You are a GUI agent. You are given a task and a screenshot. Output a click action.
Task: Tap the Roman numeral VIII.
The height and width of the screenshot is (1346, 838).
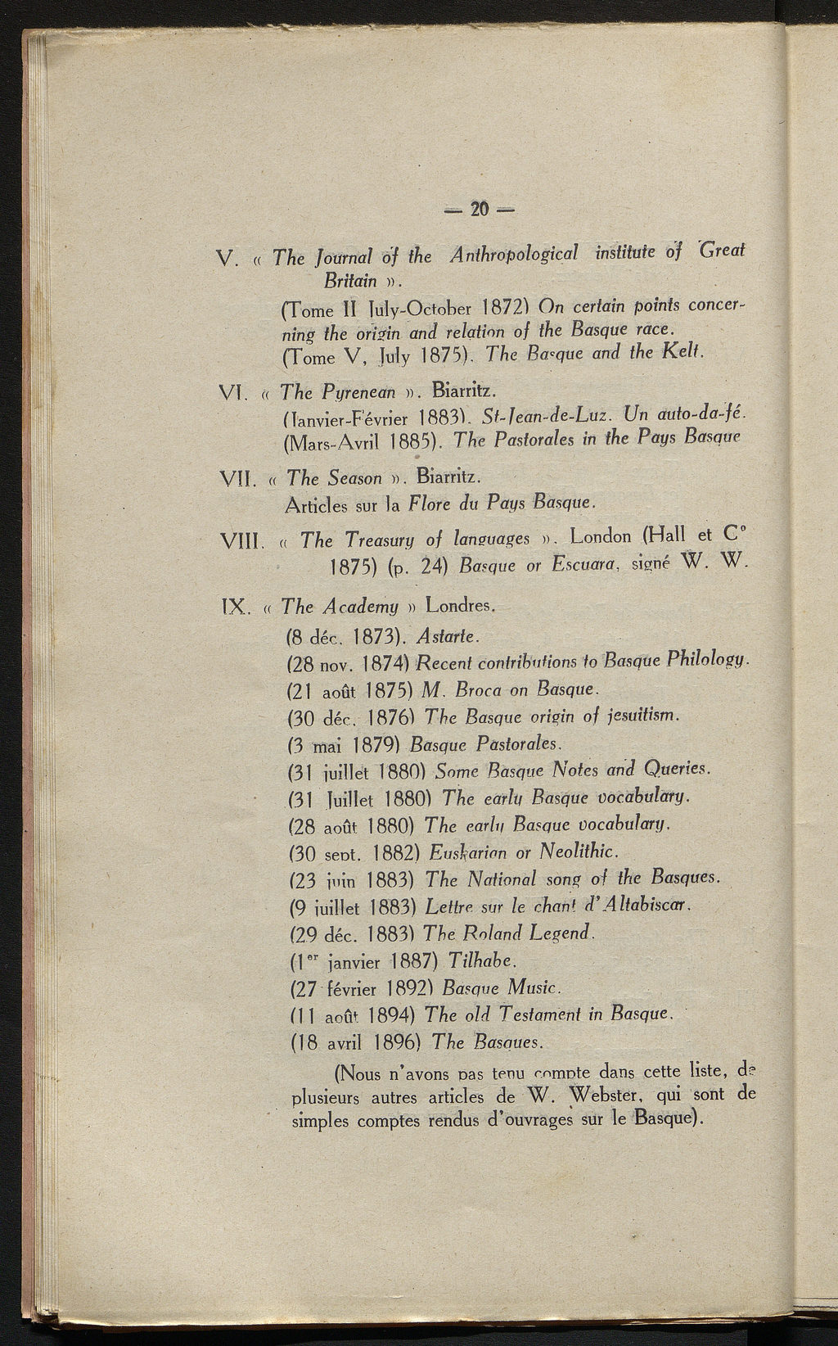tap(241, 542)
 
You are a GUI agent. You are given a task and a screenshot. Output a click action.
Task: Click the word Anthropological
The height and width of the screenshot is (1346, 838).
tap(514, 255)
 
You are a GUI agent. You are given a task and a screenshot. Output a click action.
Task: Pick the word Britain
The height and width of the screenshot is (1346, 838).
tap(350, 281)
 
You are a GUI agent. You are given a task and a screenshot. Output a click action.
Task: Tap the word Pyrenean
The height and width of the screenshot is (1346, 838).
tap(338, 392)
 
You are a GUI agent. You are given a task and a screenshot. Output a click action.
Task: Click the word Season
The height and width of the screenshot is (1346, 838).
tap(354, 477)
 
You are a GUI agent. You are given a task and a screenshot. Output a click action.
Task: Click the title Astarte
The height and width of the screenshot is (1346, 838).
tap(447, 636)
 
